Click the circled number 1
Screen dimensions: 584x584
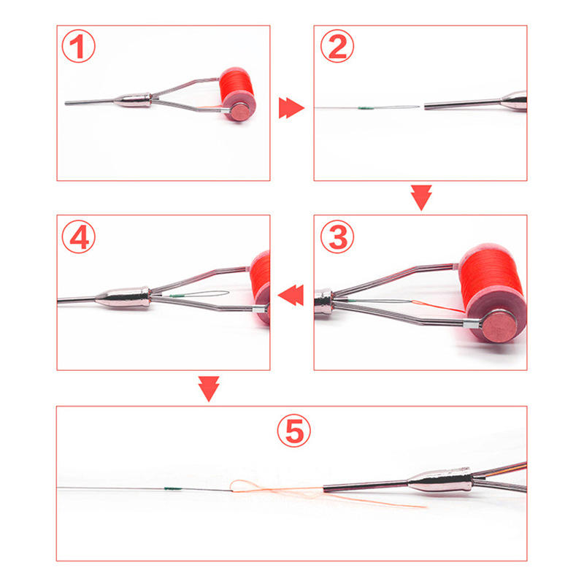[78, 46]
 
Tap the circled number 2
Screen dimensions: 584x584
[337, 46]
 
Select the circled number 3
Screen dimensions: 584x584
[337, 237]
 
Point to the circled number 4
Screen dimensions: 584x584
[78, 237]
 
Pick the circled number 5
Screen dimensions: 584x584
[294, 430]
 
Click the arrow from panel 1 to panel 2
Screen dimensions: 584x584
[291, 108]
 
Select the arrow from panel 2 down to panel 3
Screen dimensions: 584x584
[421, 197]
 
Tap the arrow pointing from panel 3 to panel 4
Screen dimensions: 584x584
[291, 295]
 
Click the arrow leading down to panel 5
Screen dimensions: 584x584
[209, 389]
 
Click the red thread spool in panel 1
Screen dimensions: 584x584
[237, 94]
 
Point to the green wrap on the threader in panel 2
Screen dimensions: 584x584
[366, 108]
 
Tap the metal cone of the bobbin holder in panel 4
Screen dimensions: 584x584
[122, 298]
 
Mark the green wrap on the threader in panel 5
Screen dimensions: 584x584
[173, 488]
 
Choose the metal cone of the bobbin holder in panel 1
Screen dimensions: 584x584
[133, 101]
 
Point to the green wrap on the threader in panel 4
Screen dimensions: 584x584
[175, 296]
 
